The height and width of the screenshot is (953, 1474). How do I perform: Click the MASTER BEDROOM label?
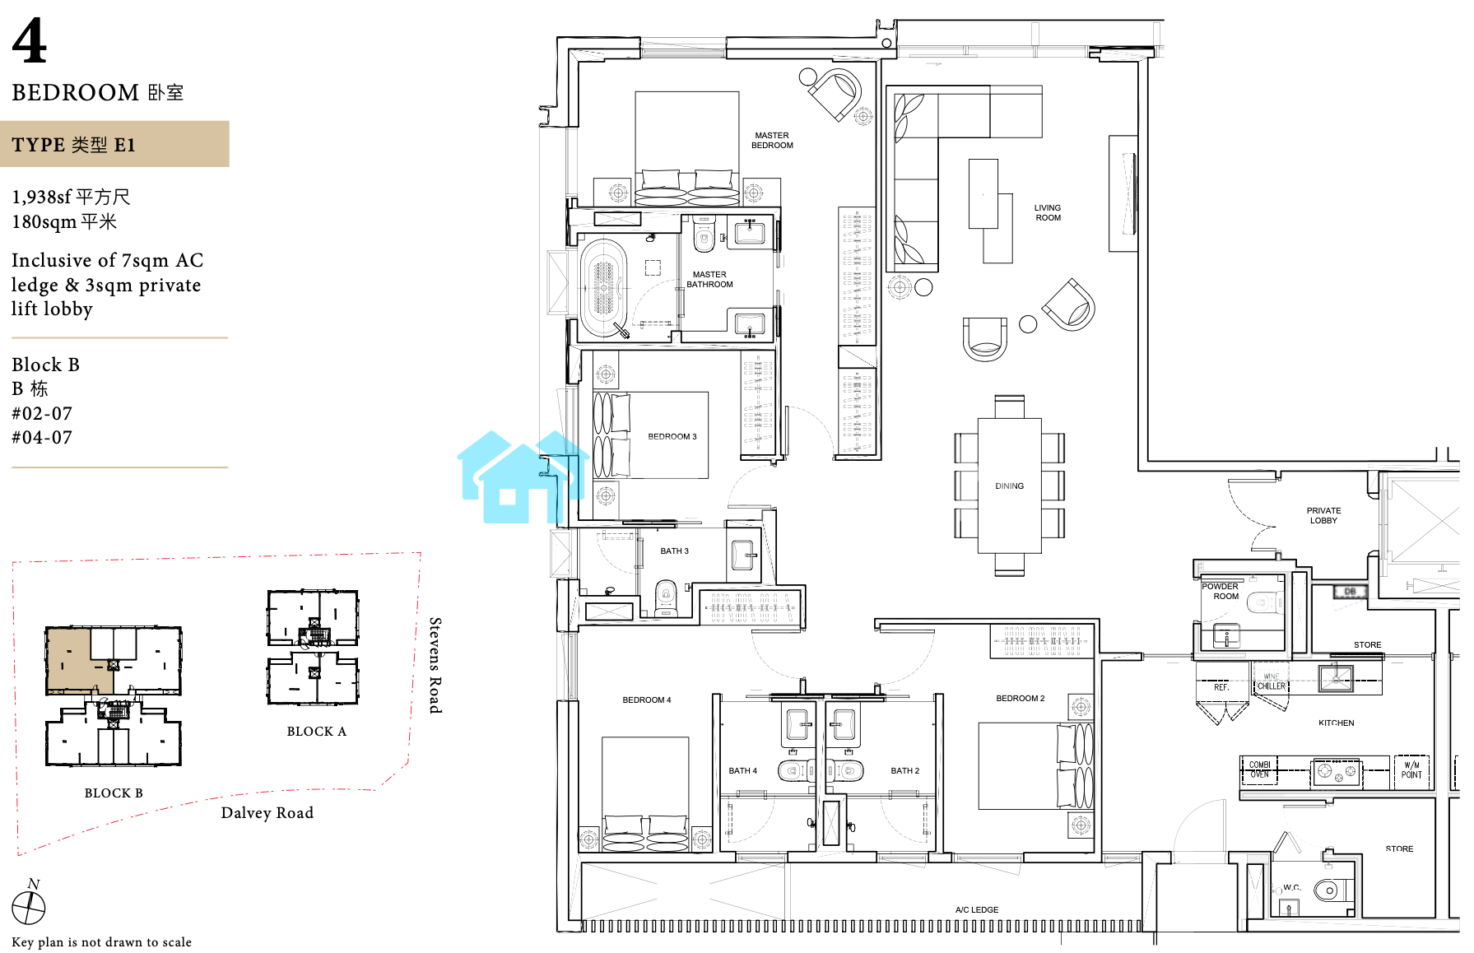click(x=772, y=141)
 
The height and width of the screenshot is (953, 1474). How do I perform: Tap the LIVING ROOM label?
click(x=1048, y=213)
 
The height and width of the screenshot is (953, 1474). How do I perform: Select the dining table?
click(x=1009, y=486)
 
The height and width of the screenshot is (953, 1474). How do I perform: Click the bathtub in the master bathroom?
click(x=604, y=287)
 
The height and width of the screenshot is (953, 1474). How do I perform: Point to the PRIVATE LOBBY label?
click(x=1323, y=516)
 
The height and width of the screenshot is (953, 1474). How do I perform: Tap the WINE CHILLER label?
click(x=1271, y=681)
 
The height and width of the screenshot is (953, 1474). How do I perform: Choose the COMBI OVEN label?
click(x=1259, y=769)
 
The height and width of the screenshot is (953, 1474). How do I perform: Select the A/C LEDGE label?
click(x=977, y=910)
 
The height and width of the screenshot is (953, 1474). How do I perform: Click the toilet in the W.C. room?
click(x=1328, y=890)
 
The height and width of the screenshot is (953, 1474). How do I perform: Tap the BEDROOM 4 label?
click(x=647, y=700)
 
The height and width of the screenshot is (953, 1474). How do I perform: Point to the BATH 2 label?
click(x=904, y=771)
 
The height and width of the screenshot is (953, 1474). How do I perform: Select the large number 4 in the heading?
click(x=30, y=40)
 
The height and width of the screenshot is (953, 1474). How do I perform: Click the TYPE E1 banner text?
click(x=73, y=145)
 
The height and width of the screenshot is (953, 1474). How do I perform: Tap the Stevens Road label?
click(x=435, y=665)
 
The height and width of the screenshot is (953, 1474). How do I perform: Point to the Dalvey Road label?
click(x=267, y=813)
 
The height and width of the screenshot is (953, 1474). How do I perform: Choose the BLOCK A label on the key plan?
click(x=317, y=732)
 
